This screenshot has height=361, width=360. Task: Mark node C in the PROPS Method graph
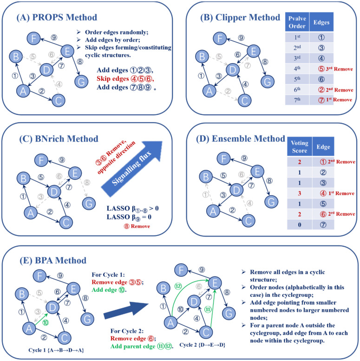click(58, 99)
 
